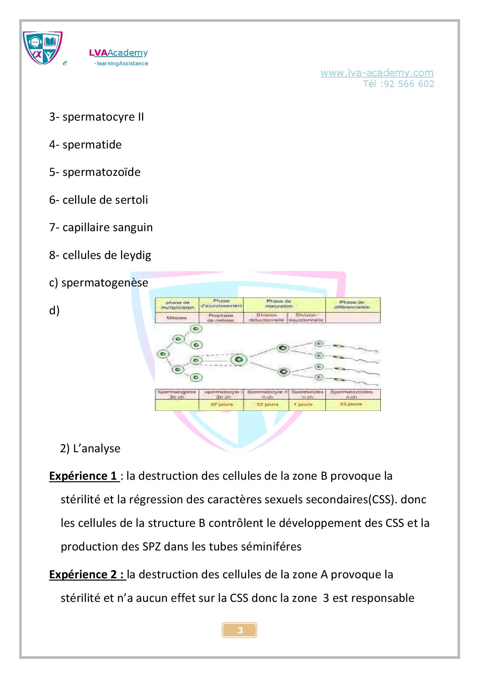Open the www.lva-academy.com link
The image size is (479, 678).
[377, 73]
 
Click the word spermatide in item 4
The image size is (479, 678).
[92, 145]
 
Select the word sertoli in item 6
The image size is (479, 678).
[131, 200]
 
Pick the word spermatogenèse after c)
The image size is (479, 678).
[105, 283]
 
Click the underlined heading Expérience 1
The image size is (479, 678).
[83, 476]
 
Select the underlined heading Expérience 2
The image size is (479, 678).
[87, 574]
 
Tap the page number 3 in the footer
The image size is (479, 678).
[239, 630]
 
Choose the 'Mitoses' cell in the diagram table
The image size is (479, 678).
[177, 318]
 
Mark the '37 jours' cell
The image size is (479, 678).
[221, 404]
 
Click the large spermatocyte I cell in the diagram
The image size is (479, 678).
[239, 360]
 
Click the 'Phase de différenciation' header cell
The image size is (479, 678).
[352, 304]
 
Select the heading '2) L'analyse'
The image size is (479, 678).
[90, 448]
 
